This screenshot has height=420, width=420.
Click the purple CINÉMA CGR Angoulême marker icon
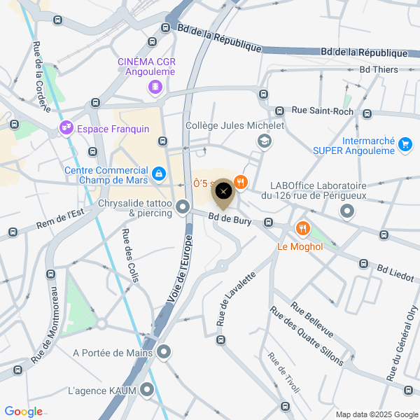tap(154, 87)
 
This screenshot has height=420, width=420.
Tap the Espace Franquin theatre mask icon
tap(66, 128)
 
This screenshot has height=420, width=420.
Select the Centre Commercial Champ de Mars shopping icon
tap(159, 173)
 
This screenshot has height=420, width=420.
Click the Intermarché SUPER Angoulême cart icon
tap(405, 145)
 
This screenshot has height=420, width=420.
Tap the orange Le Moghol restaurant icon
tap(302, 228)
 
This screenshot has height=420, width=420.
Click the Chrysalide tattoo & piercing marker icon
tap(183, 206)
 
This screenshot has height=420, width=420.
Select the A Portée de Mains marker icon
tap(163, 352)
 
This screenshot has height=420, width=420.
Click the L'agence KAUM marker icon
tap(147, 389)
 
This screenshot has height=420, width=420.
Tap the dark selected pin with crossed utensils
tap(223, 192)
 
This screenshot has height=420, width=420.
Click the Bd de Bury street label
tap(229, 220)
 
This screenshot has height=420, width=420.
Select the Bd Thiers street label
tap(379, 69)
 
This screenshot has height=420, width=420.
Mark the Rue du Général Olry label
tap(403, 343)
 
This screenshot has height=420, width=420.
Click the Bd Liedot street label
tap(395, 268)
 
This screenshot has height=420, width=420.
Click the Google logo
tap(23, 412)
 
